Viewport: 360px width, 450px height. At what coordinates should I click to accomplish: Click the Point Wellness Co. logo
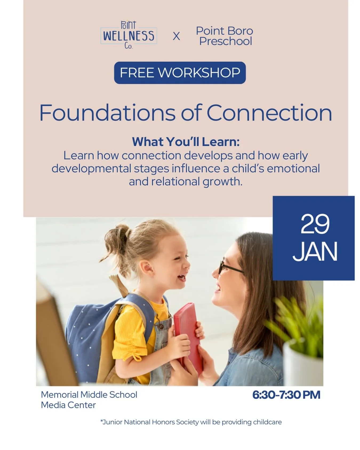pos(129,35)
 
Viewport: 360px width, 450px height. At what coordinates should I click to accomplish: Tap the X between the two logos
pos(176,36)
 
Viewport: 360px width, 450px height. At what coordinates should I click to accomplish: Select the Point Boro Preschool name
pos(225,36)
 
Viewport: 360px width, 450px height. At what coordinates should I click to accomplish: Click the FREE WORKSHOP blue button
pos(180,73)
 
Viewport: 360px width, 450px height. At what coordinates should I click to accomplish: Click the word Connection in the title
pos(269,113)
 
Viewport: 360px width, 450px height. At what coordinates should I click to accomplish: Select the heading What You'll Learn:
pos(186,142)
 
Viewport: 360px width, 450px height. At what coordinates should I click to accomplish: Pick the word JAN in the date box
pos(315,251)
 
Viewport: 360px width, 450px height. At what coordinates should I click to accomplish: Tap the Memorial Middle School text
pos(89,395)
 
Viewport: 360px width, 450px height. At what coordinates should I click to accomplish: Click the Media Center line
pos(68,405)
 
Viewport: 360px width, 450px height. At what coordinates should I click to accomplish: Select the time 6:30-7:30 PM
pos(286,395)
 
